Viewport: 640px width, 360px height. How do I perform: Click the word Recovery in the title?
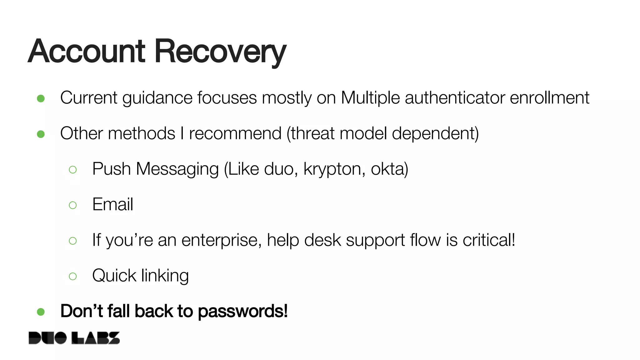click(x=220, y=52)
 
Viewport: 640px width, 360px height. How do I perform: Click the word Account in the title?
click(x=87, y=52)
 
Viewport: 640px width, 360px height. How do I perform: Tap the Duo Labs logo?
click(x=74, y=338)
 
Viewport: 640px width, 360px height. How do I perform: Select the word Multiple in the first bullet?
click(x=370, y=98)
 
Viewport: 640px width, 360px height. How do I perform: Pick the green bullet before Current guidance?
click(x=41, y=99)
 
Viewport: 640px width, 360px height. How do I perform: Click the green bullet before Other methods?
click(x=41, y=134)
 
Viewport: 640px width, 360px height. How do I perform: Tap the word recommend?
click(x=235, y=133)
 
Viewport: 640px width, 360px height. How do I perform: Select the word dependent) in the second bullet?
click(x=435, y=133)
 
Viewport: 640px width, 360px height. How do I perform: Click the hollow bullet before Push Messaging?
click(x=73, y=170)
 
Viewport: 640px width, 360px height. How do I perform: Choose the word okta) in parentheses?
click(x=389, y=169)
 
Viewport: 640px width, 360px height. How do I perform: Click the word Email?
click(x=112, y=204)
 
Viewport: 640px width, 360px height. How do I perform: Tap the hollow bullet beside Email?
click(x=73, y=205)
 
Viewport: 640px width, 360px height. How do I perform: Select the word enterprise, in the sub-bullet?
click(x=222, y=240)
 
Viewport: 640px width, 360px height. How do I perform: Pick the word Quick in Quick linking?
click(x=114, y=276)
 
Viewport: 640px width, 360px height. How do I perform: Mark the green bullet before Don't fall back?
click(x=41, y=312)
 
